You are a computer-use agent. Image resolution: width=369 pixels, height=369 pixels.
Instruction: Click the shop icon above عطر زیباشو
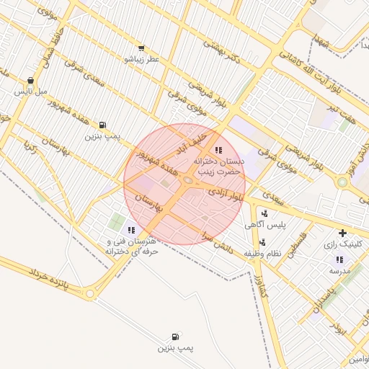pos(141,48)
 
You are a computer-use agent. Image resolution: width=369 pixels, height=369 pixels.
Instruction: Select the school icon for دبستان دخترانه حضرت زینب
pos(218,150)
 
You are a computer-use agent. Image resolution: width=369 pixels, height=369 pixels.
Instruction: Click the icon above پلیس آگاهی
pos(264,213)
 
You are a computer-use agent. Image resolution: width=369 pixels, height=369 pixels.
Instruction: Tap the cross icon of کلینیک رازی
pos(342,233)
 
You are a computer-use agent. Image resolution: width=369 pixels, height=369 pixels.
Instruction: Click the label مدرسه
pos(340,271)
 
